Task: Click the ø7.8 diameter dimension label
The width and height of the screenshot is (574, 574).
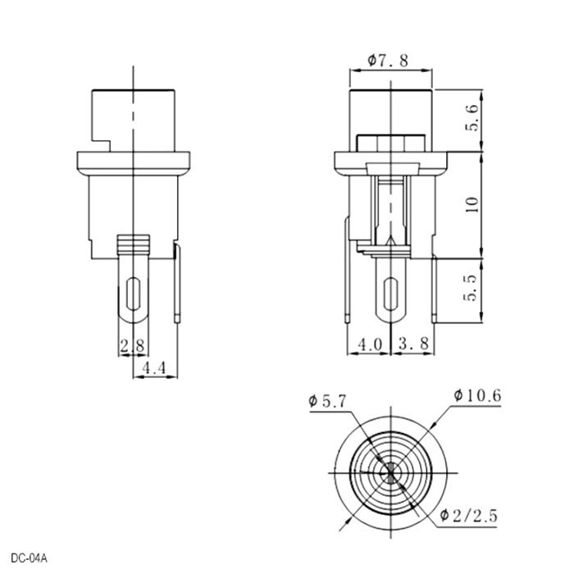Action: click(388, 61)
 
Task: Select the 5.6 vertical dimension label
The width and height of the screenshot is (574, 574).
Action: click(471, 117)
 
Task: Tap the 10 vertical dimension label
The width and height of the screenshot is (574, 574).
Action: click(471, 204)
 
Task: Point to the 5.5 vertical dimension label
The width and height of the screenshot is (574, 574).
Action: click(471, 288)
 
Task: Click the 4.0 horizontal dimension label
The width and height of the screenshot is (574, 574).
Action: click(370, 344)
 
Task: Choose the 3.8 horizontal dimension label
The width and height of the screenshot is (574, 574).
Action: click(413, 344)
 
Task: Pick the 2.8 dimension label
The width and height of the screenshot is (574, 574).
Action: click(133, 345)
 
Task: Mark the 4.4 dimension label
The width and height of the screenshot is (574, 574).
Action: click(154, 367)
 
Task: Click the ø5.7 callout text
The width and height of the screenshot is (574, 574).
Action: click(327, 402)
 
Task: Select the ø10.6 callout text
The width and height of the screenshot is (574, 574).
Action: click(477, 396)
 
